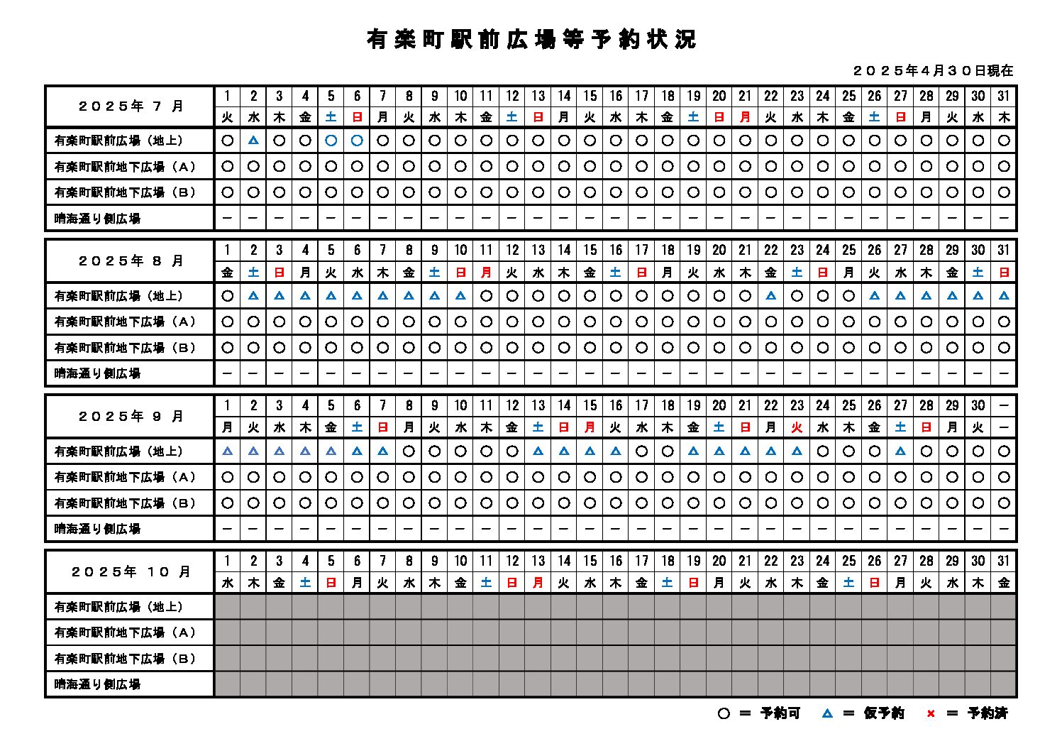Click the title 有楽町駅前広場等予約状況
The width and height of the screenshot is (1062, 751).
tap(531, 39)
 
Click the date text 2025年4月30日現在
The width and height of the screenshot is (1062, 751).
tap(933, 70)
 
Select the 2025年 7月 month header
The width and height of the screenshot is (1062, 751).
tap(131, 106)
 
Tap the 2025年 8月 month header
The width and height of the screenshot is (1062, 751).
tap(131, 261)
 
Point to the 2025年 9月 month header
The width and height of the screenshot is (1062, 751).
tap(131, 416)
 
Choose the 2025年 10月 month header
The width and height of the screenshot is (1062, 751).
tap(131, 571)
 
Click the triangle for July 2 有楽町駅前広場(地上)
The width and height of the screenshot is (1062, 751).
tap(253, 141)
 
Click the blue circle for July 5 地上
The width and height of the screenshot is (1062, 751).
tap(331, 141)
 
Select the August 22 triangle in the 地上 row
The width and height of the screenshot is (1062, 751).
tap(771, 295)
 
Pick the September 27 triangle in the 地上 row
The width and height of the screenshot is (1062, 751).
tap(900, 451)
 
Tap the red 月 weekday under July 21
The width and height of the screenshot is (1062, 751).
tap(745, 117)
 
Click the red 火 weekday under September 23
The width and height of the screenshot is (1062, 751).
tap(797, 427)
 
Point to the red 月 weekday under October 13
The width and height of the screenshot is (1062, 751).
tap(538, 583)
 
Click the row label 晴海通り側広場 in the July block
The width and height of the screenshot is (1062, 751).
tap(98, 219)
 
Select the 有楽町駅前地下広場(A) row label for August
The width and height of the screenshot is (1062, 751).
tap(125, 322)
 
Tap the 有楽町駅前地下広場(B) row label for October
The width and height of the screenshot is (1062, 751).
tap(125, 659)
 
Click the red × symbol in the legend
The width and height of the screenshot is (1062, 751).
tap(931, 713)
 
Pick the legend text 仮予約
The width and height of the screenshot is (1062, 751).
tap(883, 713)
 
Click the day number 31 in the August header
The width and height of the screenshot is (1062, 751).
tap(1003, 250)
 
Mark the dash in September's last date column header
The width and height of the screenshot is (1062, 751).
tap(1003, 405)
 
